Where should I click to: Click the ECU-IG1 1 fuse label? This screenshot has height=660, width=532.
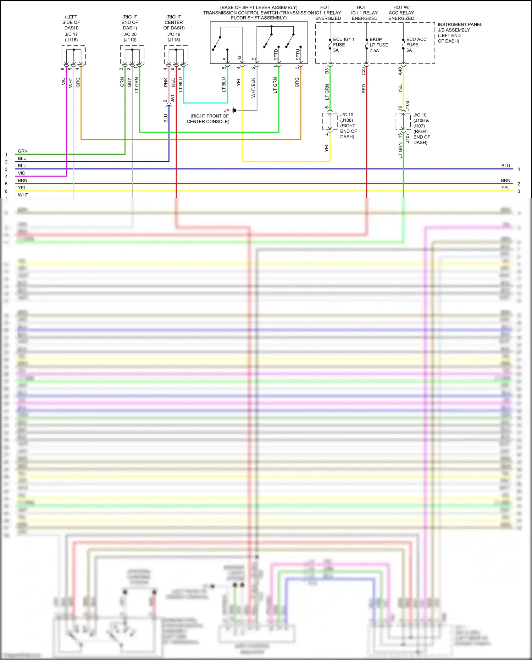coord(343,45)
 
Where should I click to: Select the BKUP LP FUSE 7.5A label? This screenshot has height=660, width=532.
coord(378,45)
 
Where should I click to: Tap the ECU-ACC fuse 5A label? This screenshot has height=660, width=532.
coord(416,45)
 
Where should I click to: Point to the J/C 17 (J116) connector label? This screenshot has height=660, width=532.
coord(71,37)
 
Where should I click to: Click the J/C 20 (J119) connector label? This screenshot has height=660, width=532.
coord(130,37)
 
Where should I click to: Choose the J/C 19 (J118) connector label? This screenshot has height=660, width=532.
coord(174,37)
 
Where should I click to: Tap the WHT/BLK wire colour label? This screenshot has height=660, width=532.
coord(253,88)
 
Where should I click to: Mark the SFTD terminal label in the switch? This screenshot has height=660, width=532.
coord(276,55)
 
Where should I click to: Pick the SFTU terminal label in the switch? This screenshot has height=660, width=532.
coord(298,55)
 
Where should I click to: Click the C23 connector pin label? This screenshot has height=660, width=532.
coord(363,71)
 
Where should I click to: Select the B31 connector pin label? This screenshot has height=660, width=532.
coord(327,70)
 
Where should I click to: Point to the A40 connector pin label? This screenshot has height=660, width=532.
coord(400,71)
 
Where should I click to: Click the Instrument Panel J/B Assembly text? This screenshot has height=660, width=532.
coord(460,33)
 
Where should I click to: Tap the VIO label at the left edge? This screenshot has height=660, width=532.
coord(22,173)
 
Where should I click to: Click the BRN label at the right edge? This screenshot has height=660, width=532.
coord(505,181)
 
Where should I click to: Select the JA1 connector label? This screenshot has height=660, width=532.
coord(173,99)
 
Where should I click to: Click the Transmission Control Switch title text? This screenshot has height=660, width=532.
coord(259,13)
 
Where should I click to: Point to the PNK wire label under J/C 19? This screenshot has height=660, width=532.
coord(166,83)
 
